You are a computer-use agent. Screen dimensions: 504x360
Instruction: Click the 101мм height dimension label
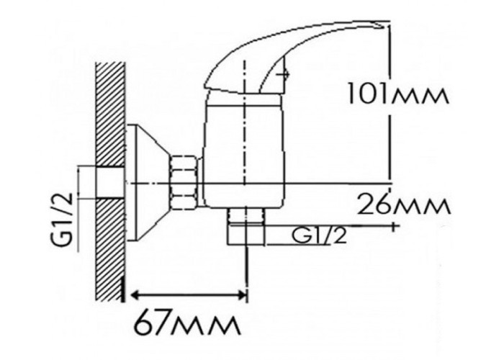[397, 93]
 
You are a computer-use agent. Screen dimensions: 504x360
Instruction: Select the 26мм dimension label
[404, 204]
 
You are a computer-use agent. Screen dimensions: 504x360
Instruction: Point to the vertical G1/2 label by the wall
[63, 221]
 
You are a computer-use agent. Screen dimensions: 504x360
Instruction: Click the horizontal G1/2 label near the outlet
[320, 235]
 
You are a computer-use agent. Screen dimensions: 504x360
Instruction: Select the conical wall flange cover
[148, 183]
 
